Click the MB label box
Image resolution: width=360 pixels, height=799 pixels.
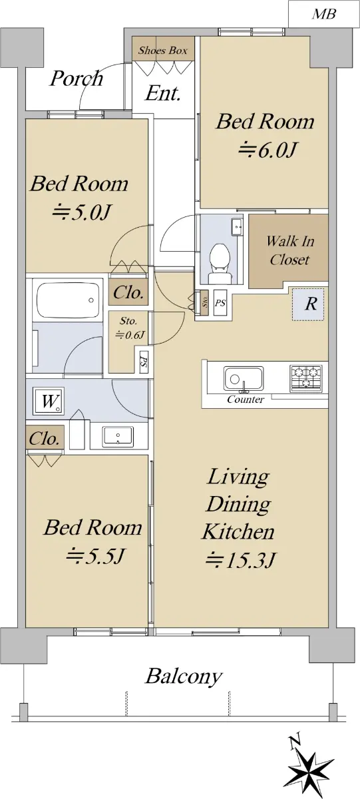coord(323,14)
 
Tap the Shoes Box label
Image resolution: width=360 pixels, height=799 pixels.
coord(163,51)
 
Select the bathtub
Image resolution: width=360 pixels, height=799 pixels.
coord(68,300)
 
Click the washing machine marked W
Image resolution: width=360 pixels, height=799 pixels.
coord(49,401)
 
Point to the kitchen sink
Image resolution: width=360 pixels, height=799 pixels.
coord(244,378)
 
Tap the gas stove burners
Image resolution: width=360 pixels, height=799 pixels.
coord(307,377)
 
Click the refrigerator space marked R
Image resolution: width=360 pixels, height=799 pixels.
coord(309,304)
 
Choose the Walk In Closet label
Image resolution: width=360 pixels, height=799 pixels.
coord(289,250)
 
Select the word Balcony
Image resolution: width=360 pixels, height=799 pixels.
coord(184,676)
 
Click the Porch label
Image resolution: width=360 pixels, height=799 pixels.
coord(77,79)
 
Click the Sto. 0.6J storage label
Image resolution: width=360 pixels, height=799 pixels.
coord(128,328)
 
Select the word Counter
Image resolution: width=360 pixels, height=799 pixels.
coord(246,400)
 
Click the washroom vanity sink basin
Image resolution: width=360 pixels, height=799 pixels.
coord(118,436)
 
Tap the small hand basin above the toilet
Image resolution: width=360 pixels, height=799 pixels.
coord(237,227)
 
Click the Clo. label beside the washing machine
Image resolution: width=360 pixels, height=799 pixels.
coord(44,439)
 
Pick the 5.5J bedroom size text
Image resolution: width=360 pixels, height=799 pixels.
coord(95,556)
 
